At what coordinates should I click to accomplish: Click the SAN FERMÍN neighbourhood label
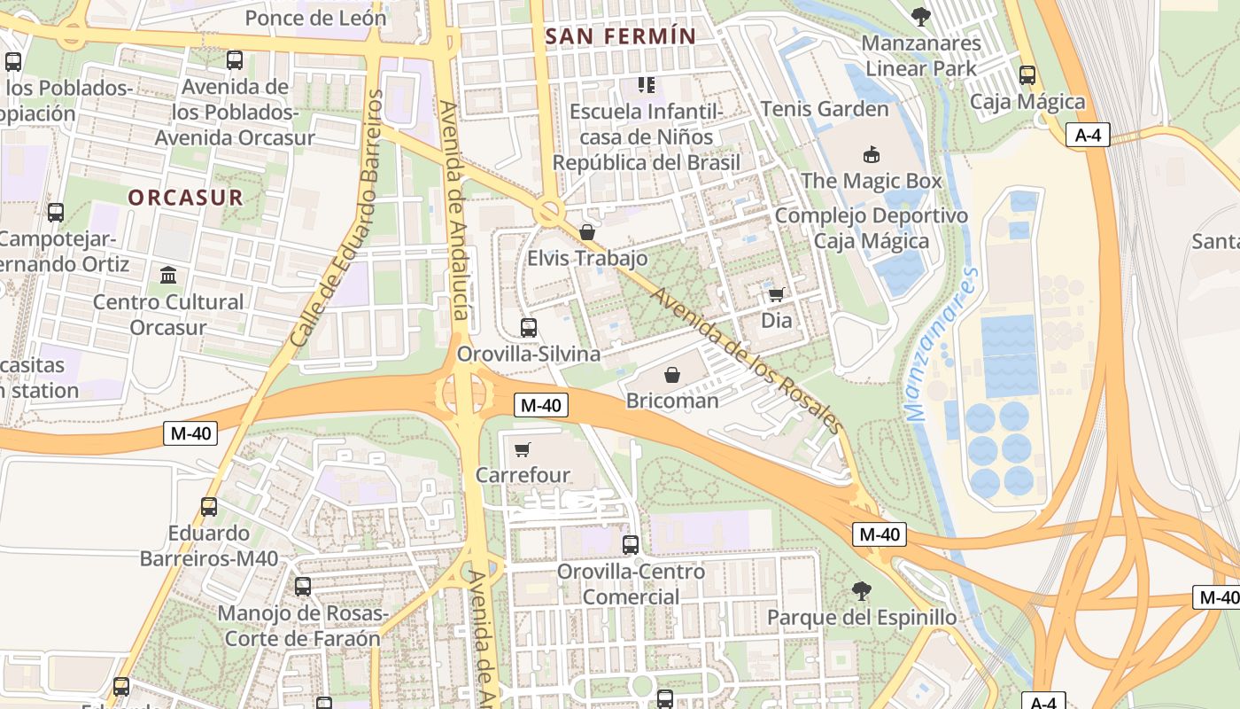[621, 36]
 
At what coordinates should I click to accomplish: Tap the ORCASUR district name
[185, 198]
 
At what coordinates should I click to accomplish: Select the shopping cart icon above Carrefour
[522, 449]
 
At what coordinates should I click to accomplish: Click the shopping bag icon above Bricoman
[672, 375]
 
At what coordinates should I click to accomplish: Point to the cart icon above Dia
[776, 294]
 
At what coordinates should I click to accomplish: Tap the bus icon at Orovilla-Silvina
[529, 328]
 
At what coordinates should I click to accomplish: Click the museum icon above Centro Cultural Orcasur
[168, 275]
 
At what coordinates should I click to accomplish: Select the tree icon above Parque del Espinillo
[861, 590]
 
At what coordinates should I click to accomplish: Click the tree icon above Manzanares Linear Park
[921, 16]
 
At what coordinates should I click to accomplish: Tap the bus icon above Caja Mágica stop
[1027, 75]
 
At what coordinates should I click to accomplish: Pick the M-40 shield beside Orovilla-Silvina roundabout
[540, 406]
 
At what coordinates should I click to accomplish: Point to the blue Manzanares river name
[942, 346]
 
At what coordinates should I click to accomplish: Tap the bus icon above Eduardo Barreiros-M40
[209, 507]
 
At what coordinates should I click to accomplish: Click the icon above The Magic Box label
[872, 155]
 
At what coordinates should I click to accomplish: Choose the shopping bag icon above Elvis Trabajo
[586, 232]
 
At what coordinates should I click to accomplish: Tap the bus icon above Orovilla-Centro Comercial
[631, 545]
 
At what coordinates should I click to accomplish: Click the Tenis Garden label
[825, 109]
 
